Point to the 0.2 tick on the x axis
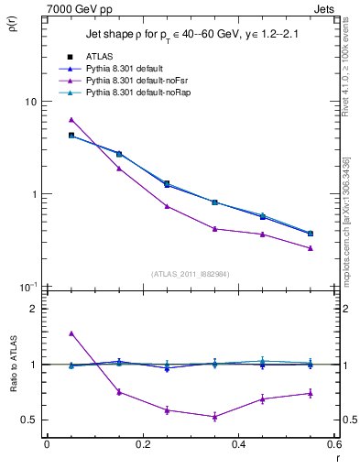(x=142, y=444)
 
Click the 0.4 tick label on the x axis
(x=238, y=444)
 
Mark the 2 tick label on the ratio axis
(x=33, y=309)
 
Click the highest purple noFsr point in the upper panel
(x=71, y=120)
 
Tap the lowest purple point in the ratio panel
(x=214, y=417)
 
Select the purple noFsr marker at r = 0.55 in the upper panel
(x=311, y=248)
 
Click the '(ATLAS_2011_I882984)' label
(x=190, y=273)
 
